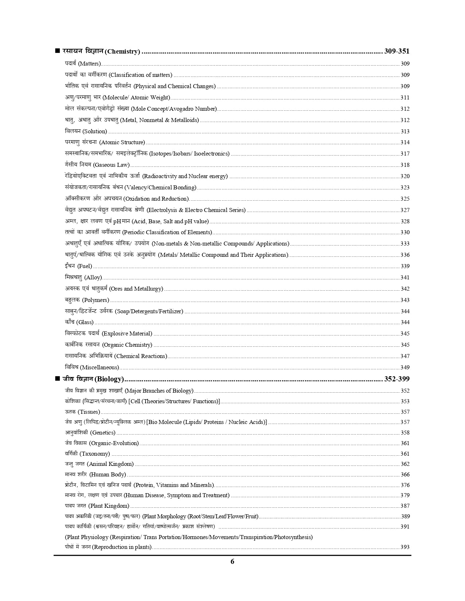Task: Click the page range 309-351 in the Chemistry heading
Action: pos(397,51)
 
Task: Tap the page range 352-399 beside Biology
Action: pos(397,379)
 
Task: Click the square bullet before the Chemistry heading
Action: pos(57,51)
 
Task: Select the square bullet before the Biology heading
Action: pos(57,378)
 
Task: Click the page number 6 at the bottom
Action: pos(232,561)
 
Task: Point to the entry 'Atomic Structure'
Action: pos(122,142)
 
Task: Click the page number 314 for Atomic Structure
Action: pos(405,142)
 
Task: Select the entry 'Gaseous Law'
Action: pos(112,165)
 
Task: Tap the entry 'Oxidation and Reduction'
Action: pos(156,199)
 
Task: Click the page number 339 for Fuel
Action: pos(405,266)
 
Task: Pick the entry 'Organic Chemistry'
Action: pos(127,345)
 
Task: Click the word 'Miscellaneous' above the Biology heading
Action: pos(100,368)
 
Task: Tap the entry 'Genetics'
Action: pos(103,433)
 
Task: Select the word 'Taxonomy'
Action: pos(95,454)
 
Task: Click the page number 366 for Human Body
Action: pos(405,475)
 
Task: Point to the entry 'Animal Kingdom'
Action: pos(111,464)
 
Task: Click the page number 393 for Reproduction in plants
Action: pos(405,547)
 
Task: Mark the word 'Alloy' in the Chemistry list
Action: pos(93,278)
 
